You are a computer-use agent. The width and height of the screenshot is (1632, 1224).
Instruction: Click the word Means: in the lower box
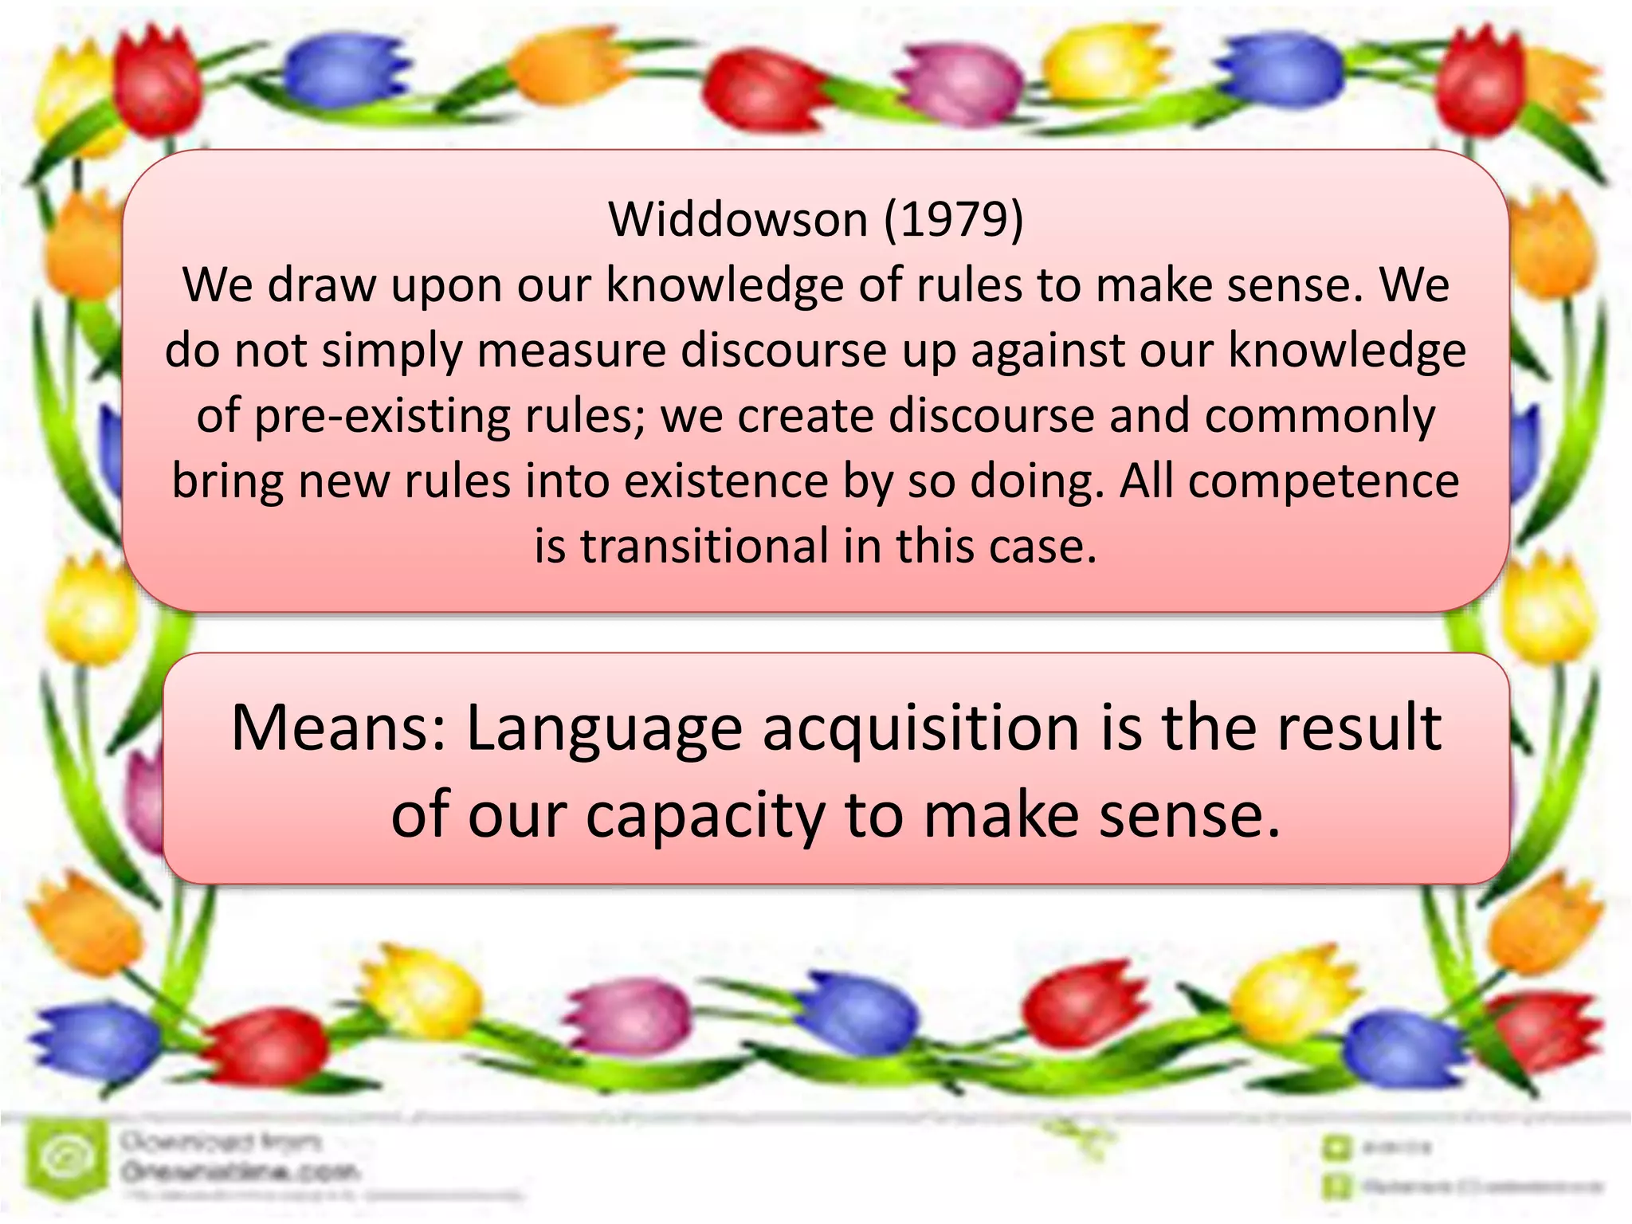click(339, 728)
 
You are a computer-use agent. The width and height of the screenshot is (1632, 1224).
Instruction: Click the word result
click(1359, 728)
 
